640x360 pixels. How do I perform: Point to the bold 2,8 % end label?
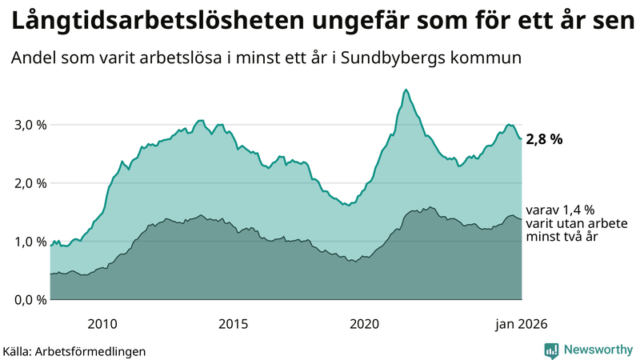tap(544, 139)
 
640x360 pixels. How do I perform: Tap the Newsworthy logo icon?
tap(551, 350)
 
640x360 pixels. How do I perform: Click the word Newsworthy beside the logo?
tap(597, 350)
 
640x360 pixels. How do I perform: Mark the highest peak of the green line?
tap(406, 90)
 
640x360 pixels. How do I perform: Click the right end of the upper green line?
tap(522, 139)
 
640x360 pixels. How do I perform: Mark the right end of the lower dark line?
tap(522, 219)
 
